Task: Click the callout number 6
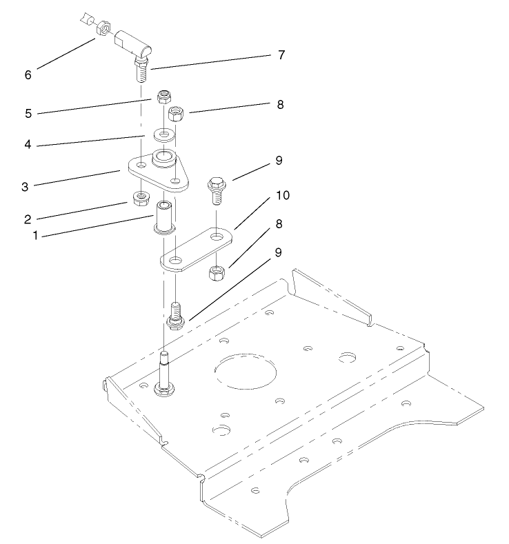click(28, 74)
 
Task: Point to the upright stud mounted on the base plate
click(165, 372)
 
